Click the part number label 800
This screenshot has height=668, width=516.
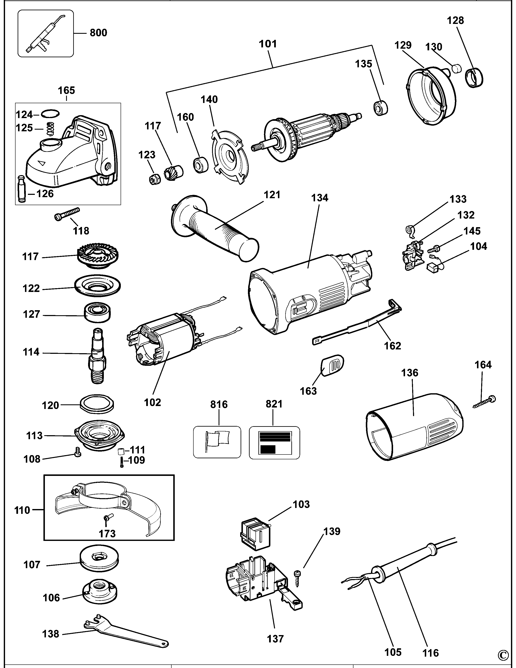tap(98, 33)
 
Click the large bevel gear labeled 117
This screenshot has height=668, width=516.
tap(97, 255)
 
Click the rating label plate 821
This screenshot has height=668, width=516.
tap(274, 442)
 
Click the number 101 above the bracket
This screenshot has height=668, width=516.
tap(268, 44)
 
